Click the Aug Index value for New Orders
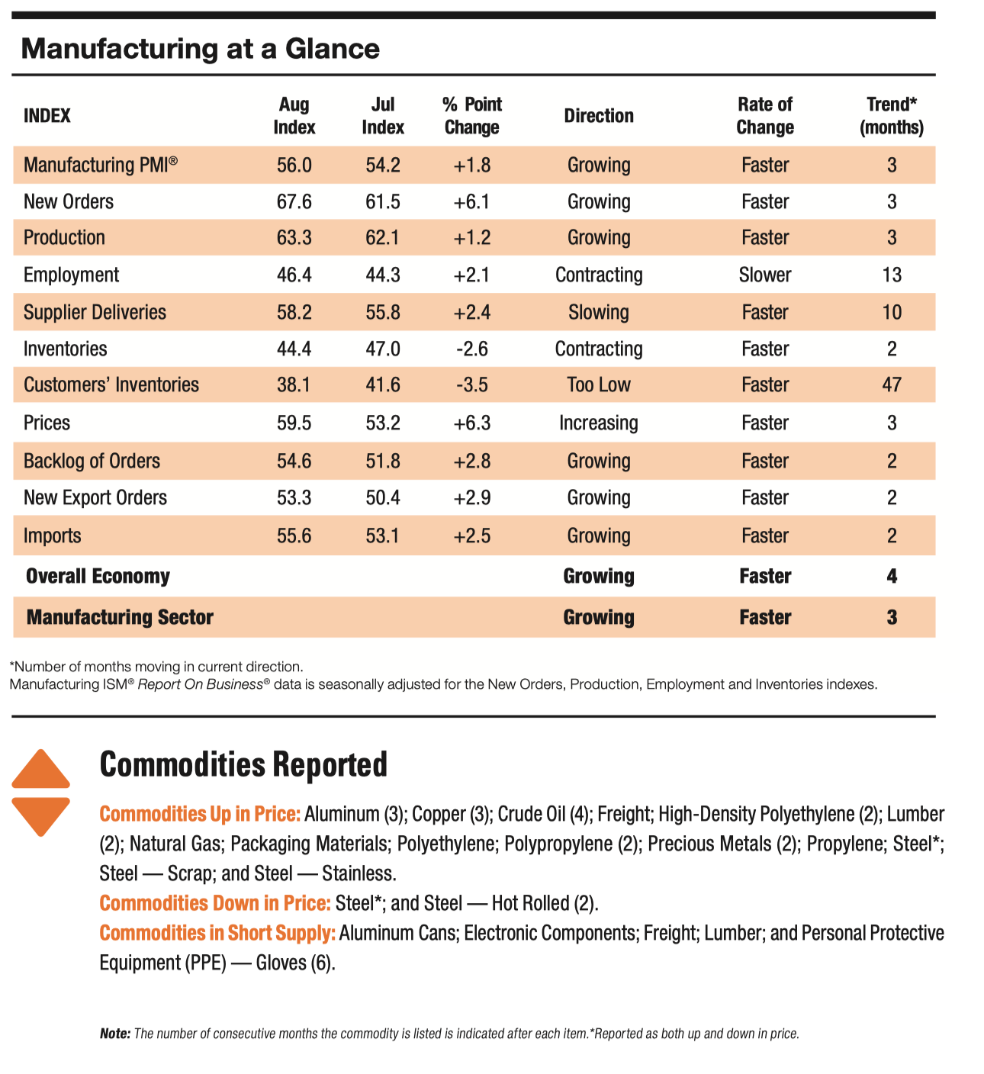point(294,202)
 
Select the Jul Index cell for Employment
point(383,275)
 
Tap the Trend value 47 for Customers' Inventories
point(892,384)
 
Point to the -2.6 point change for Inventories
point(472,349)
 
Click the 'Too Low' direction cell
point(599,384)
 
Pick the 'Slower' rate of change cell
point(765,275)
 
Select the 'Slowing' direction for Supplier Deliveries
point(599,312)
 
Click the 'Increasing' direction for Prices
point(599,423)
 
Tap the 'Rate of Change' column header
point(765,116)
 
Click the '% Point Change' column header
point(472,116)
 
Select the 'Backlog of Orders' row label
point(92,461)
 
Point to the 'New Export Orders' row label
point(95,497)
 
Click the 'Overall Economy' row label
point(98,576)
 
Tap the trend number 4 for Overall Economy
point(892,576)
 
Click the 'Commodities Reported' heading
point(243,764)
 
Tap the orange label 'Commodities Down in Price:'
point(215,903)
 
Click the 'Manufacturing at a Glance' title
point(201,49)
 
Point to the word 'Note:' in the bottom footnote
point(115,1034)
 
